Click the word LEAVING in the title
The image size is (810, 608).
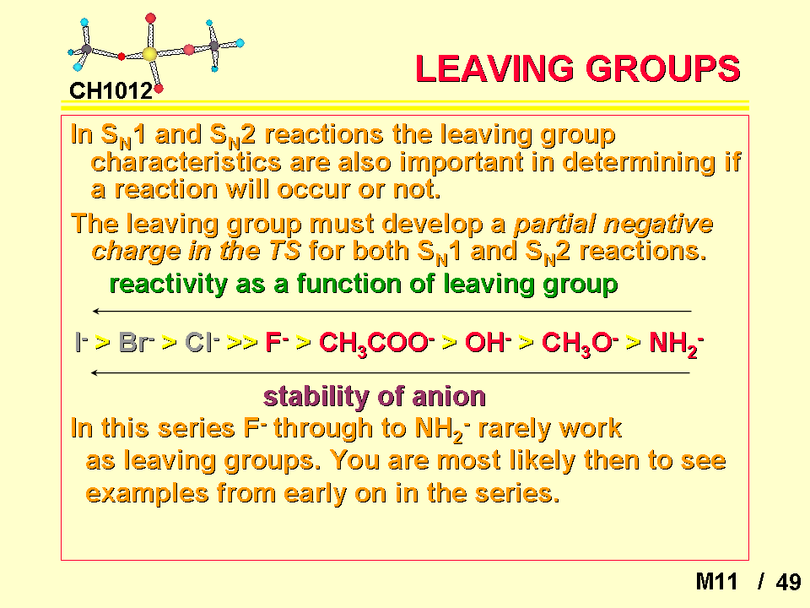pyautogui.click(x=494, y=68)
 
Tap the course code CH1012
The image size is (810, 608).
pyautogui.click(x=111, y=91)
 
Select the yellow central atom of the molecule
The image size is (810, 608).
pyautogui.click(x=149, y=54)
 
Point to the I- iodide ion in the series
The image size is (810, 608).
pyautogui.click(x=82, y=342)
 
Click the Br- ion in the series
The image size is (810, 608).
pyautogui.click(x=137, y=342)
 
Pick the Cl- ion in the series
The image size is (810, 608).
pyautogui.click(x=202, y=342)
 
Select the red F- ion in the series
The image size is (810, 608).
pyautogui.click(x=277, y=342)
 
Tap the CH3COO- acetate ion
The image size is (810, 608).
pyautogui.click(x=376, y=344)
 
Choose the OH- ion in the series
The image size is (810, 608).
pyautogui.click(x=488, y=342)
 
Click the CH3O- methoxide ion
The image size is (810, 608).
pyautogui.click(x=580, y=344)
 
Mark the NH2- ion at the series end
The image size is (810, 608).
pyautogui.click(x=676, y=344)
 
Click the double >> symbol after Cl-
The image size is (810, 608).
pyautogui.click(x=242, y=342)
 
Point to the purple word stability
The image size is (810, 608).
pyautogui.click(x=316, y=397)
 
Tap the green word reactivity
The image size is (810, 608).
pyautogui.click(x=169, y=285)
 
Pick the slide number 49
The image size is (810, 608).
pyautogui.click(x=788, y=582)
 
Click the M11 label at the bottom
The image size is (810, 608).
pyautogui.click(x=716, y=582)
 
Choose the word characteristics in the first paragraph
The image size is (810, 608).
pyautogui.click(x=186, y=162)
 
